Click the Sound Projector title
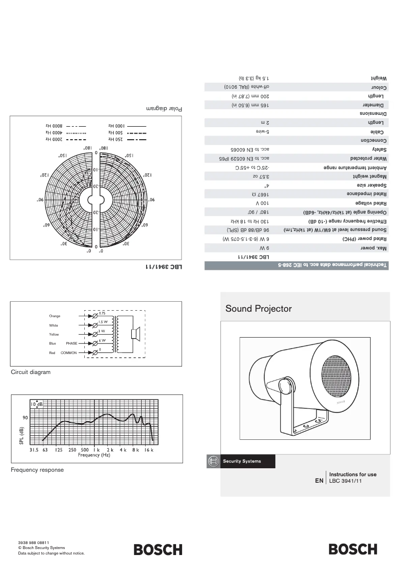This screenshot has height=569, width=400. (x=258, y=309)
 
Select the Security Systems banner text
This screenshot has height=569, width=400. (x=241, y=461)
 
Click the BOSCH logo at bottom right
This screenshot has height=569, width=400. (x=353, y=550)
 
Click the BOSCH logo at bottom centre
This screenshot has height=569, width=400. (x=158, y=550)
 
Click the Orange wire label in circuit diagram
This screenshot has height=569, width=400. (x=54, y=316)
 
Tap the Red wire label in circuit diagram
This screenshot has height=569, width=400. (x=52, y=353)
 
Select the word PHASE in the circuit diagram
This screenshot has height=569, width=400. (x=72, y=344)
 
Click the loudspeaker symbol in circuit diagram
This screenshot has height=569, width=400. (x=134, y=334)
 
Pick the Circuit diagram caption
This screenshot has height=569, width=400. (x=30, y=372)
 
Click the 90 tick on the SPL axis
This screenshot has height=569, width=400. (x=24, y=417)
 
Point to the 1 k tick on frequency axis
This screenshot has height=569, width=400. (x=98, y=450)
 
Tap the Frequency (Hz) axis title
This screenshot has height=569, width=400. (x=94, y=455)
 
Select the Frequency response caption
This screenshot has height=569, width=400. (x=37, y=470)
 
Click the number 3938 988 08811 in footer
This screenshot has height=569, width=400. (x=33, y=542)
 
